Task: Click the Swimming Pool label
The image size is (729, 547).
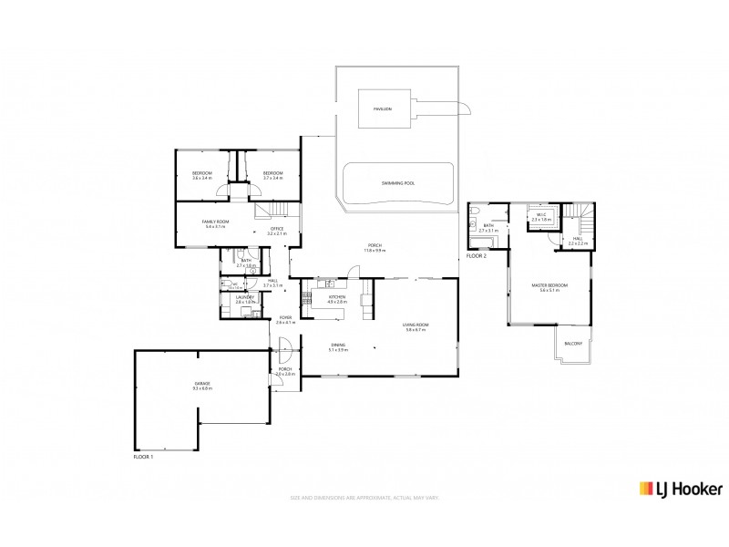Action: (397, 183)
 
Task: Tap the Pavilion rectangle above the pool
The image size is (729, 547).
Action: (383, 108)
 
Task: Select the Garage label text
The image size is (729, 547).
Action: (201, 383)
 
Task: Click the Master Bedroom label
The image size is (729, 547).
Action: (549, 286)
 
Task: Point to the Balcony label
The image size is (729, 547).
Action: (573, 343)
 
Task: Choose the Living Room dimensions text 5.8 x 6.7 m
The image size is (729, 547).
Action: (416, 330)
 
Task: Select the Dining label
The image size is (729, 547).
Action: (338, 345)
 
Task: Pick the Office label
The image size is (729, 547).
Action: (277, 229)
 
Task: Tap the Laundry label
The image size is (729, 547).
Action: (243, 296)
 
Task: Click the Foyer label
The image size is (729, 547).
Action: (286, 318)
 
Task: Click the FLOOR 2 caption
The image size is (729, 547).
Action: (477, 256)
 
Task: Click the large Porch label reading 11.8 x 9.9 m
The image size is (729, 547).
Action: (374, 246)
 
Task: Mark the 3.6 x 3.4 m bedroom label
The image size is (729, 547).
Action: (202, 175)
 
